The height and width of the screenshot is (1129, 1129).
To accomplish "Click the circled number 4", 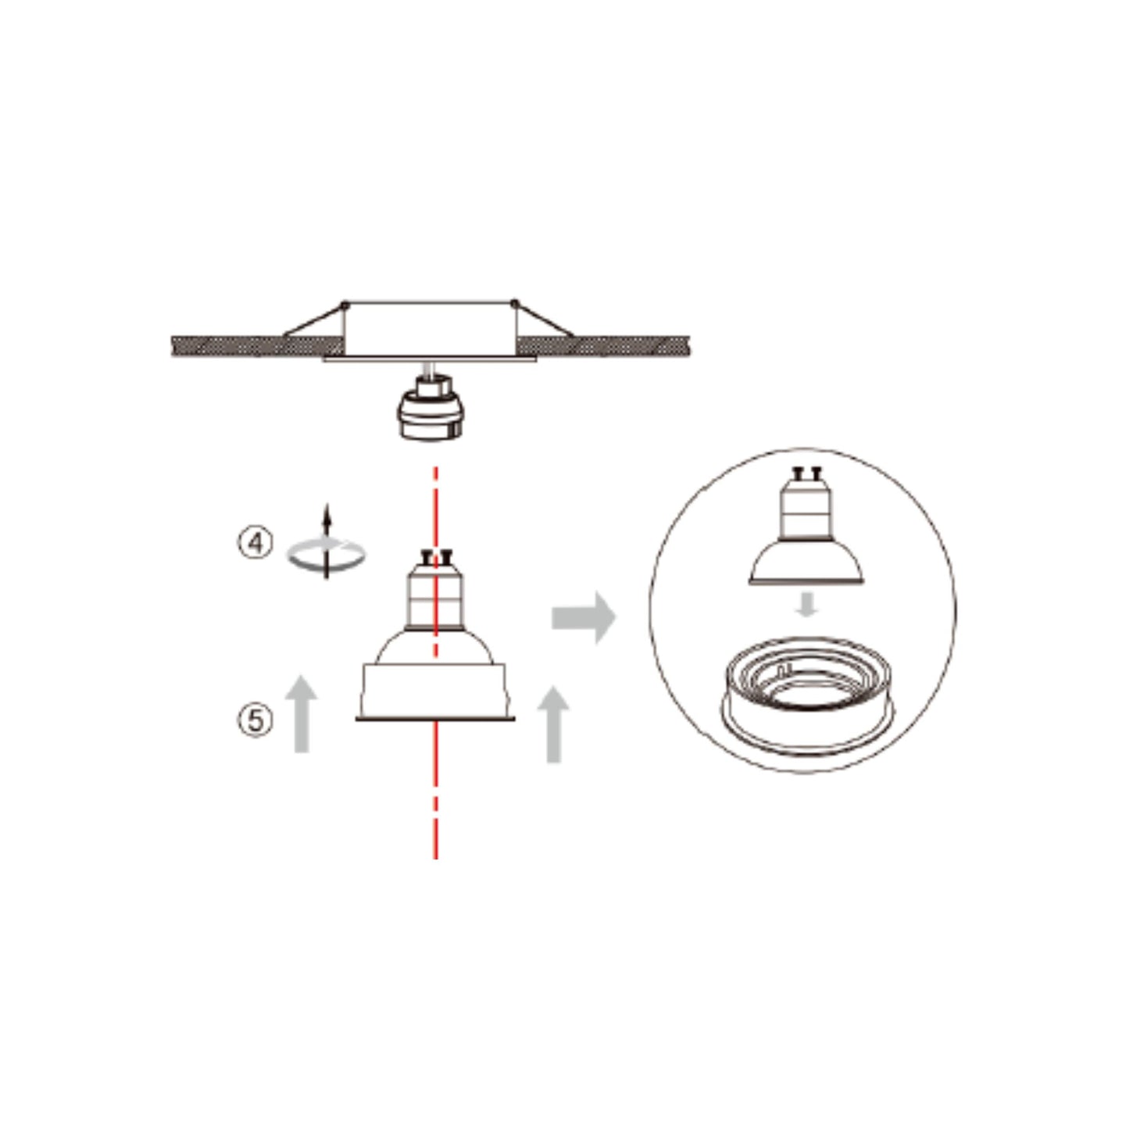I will [255, 543].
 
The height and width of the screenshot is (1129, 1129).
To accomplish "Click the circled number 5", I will [255, 719].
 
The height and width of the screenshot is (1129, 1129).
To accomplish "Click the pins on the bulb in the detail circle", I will [806, 472].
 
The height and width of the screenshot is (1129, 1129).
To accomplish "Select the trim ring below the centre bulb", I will [435, 691].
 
